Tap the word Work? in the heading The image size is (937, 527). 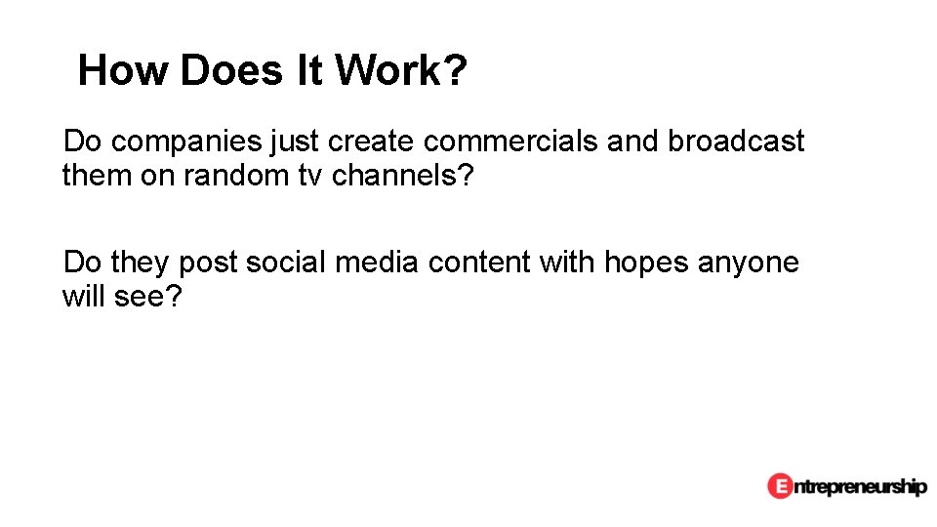click(x=400, y=71)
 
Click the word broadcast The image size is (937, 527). click(x=736, y=142)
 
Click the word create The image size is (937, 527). click(x=370, y=142)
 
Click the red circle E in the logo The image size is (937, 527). click(x=780, y=485)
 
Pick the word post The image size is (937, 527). click(x=208, y=263)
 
